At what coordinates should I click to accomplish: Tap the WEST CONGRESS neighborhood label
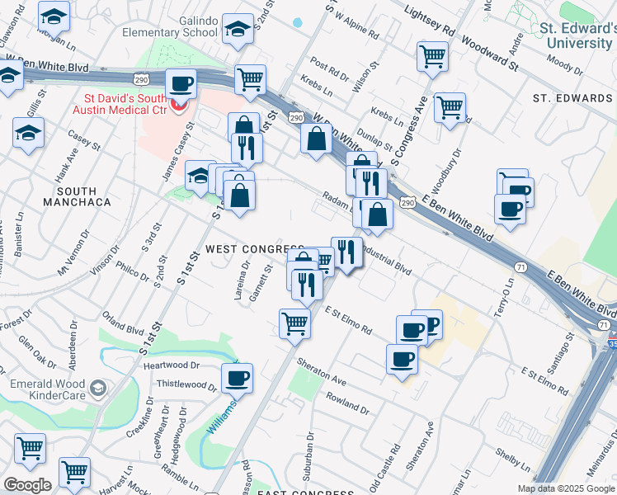[x=255, y=249]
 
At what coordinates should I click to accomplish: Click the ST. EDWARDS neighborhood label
[x=572, y=98]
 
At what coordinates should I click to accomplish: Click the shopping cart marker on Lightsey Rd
[x=432, y=58]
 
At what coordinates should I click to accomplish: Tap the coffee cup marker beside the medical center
[x=181, y=83]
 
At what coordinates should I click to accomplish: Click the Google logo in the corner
[x=27, y=485]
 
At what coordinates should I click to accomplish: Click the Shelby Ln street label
[x=511, y=455]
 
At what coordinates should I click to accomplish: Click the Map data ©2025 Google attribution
[x=565, y=488]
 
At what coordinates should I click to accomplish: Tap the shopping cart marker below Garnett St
[x=294, y=323]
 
